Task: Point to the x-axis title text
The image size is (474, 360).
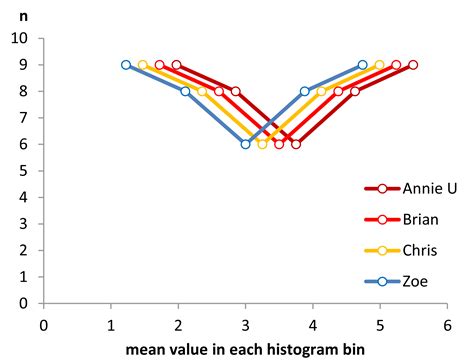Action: coord(245,351)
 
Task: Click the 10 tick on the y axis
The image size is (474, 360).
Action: coord(19,39)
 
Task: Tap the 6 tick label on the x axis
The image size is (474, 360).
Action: coord(447,325)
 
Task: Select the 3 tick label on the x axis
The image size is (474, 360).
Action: coord(245,325)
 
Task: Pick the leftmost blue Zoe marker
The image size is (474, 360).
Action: coord(126,65)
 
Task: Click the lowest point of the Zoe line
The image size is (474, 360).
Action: coord(245,144)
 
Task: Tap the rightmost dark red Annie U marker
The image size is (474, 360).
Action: coord(413,65)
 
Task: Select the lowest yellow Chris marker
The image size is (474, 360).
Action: coord(262,144)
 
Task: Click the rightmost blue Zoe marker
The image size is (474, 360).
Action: coord(362,65)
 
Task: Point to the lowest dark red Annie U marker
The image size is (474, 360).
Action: coord(296,144)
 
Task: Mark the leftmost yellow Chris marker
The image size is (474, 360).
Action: coord(143,65)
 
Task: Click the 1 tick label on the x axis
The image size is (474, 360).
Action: coord(110,325)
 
